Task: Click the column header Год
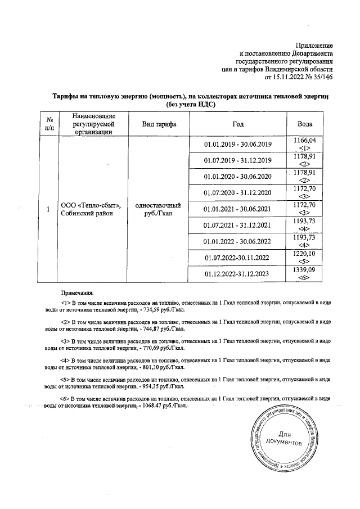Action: pos(238,124)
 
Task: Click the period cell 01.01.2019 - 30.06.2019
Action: pos(238,145)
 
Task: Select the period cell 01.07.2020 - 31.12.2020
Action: pos(238,193)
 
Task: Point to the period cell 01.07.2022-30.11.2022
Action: pos(238,258)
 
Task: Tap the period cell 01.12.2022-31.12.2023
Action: pos(238,274)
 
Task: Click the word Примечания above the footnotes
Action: pos(78,292)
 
